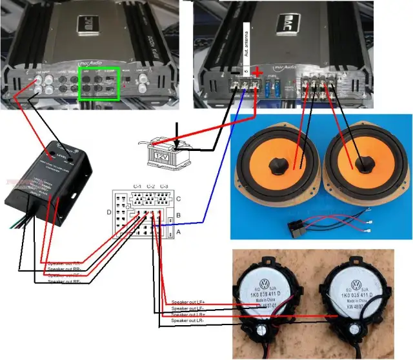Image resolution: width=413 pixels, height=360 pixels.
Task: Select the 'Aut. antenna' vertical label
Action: tap(246, 45)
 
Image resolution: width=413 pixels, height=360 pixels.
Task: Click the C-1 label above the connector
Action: tap(137, 186)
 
